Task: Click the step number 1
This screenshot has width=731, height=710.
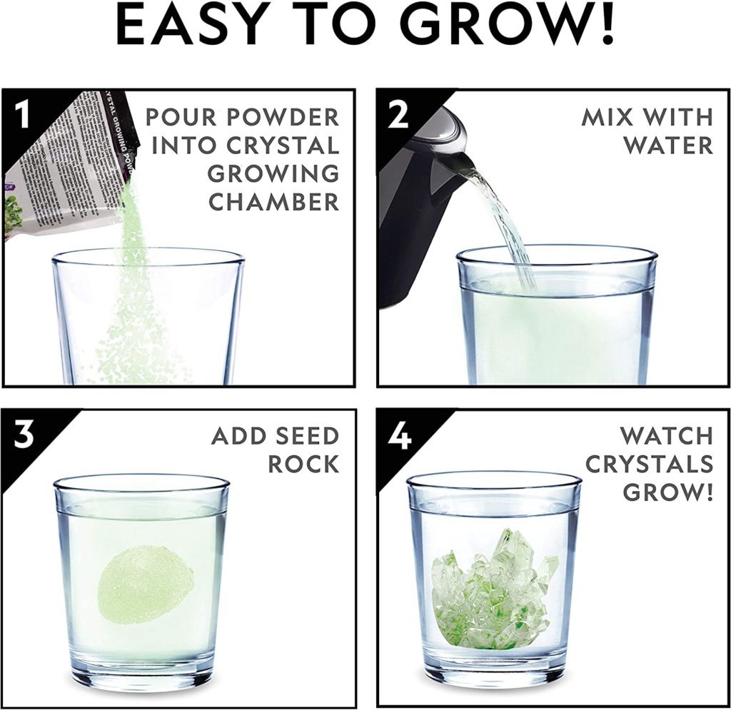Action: pyautogui.click(x=24, y=116)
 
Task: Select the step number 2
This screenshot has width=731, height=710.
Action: pyautogui.click(x=398, y=116)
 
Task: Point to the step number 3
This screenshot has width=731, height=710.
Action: pyautogui.click(x=24, y=435)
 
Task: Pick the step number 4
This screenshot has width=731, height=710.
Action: pyautogui.click(x=398, y=435)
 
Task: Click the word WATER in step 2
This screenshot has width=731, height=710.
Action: pyautogui.click(x=667, y=145)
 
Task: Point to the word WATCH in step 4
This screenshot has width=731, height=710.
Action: pyautogui.click(x=665, y=435)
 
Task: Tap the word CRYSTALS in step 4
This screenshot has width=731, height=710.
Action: pyautogui.click(x=649, y=464)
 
